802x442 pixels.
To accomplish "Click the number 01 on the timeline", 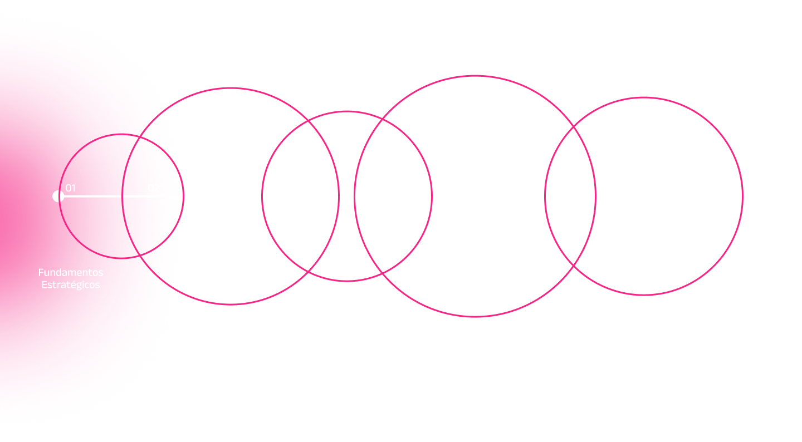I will coord(71,188).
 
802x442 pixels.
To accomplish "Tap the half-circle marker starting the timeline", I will coord(58,196).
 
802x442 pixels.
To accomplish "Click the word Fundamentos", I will coord(71,273).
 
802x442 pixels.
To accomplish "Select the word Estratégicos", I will coord(71,284).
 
